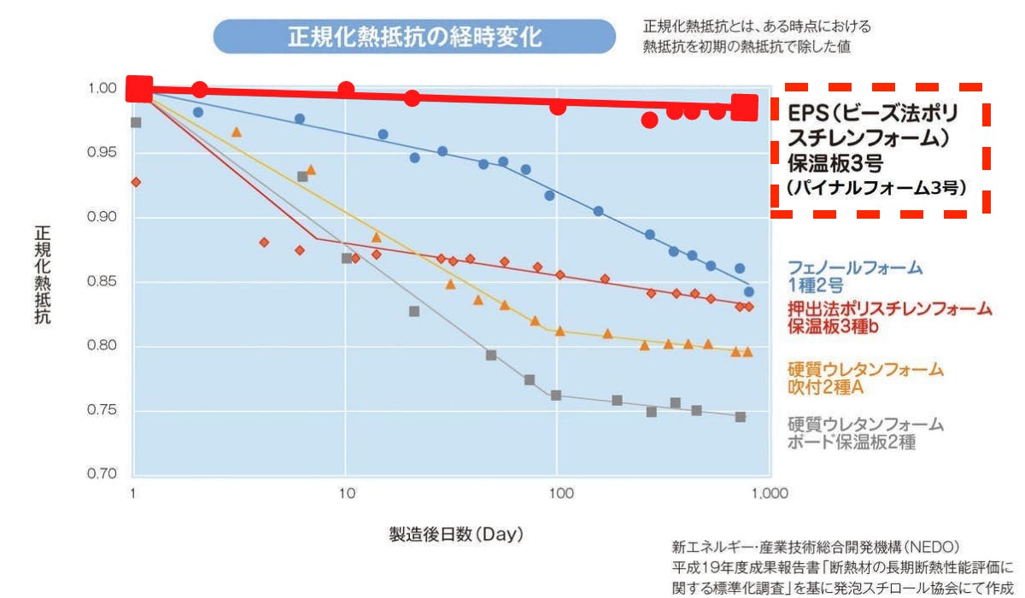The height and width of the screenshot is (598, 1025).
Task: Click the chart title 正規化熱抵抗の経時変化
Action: (x=413, y=38)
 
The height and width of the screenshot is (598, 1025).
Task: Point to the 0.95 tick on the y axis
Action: (x=103, y=153)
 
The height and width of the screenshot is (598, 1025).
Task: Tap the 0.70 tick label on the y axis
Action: (x=103, y=475)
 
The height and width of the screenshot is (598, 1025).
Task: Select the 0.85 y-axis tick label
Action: (x=103, y=282)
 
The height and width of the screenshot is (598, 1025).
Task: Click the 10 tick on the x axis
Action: (x=346, y=494)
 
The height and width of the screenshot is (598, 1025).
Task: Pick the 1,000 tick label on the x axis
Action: (x=770, y=494)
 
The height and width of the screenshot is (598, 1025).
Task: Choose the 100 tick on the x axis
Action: (x=560, y=494)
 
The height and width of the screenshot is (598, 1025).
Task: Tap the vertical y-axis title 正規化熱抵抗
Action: (x=42, y=274)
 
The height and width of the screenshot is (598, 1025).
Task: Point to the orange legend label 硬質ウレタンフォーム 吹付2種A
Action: (x=865, y=378)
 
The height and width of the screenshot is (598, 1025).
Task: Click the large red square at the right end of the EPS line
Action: (x=745, y=107)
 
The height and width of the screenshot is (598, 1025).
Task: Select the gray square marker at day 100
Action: (x=556, y=396)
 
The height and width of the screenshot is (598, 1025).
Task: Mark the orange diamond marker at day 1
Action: (x=135, y=182)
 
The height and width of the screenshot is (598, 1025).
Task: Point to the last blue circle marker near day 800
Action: (x=749, y=292)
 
